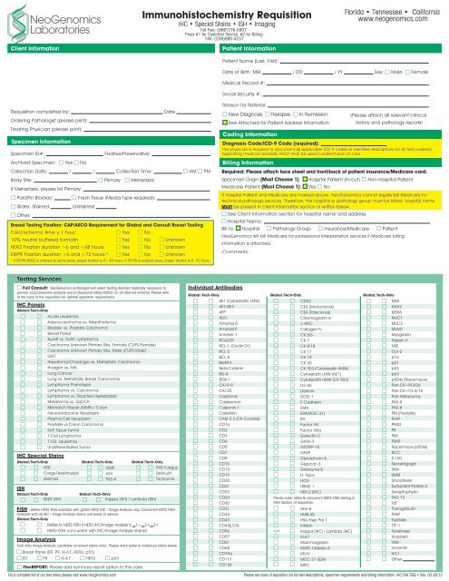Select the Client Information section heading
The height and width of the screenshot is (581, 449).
[x=32, y=44]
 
